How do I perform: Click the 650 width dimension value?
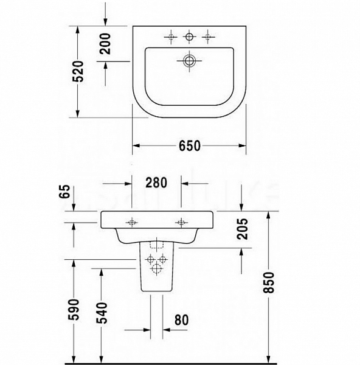click(189, 146)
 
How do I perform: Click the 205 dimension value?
click(243, 229)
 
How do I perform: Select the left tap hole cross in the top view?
click(171, 38)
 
